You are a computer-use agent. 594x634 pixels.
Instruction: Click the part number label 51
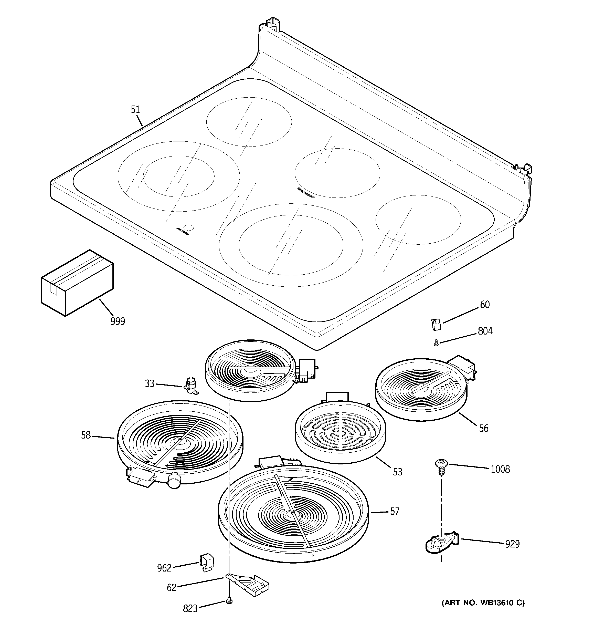click(x=135, y=110)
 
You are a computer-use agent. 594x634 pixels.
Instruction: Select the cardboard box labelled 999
click(x=77, y=282)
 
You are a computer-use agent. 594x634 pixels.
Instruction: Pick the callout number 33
click(x=150, y=384)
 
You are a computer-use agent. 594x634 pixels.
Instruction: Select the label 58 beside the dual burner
click(x=86, y=435)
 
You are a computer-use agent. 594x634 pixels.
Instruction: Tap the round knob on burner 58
click(x=174, y=489)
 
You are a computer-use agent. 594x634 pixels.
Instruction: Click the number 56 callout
click(x=483, y=428)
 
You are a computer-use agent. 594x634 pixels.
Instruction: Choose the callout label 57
click(x=394, y=512)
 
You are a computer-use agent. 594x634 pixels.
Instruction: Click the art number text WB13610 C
click(x=483, y=603)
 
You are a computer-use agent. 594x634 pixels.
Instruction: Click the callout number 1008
click(x=500, y=469)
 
